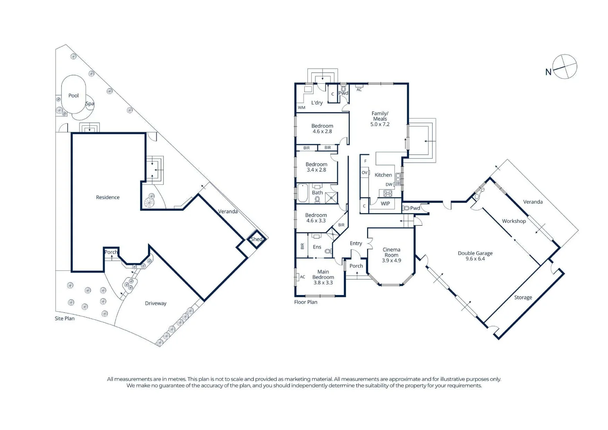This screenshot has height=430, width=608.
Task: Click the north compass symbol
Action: [x=565, y=66]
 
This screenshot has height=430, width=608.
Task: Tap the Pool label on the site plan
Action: [x=74, y=96]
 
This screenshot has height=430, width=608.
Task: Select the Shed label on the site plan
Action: [x=256, y=239]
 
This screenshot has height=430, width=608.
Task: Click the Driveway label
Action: [x=155, y=303]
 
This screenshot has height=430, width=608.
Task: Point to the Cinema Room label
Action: [x=391, y=255]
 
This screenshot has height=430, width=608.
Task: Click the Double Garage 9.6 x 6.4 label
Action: [x=475, y=256]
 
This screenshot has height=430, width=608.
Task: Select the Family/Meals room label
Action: [x=380, y=119]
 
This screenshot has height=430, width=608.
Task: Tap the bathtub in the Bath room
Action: [x=303, y=193]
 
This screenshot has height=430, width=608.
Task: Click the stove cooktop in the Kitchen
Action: [x=387, y=193]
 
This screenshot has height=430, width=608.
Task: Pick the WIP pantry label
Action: [x=385, y=204]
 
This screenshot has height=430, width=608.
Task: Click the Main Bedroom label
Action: [x=323, y=277]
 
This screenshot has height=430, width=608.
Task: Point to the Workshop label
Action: [x=514, y=221]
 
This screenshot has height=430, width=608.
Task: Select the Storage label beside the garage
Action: [x=523, y=297]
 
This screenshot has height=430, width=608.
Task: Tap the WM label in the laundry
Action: [x=301, y=107]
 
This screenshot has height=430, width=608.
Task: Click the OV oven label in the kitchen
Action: [x=364, y=173]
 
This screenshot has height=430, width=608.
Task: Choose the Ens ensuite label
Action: [x=317, y=247]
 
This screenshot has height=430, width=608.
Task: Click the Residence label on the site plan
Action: [x=108, y=197]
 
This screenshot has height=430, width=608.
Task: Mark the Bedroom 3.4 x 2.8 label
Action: [x=317, y=167]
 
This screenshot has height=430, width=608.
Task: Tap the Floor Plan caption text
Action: [x=306, y=302]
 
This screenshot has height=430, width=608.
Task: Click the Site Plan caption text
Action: [x=65, y=319]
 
